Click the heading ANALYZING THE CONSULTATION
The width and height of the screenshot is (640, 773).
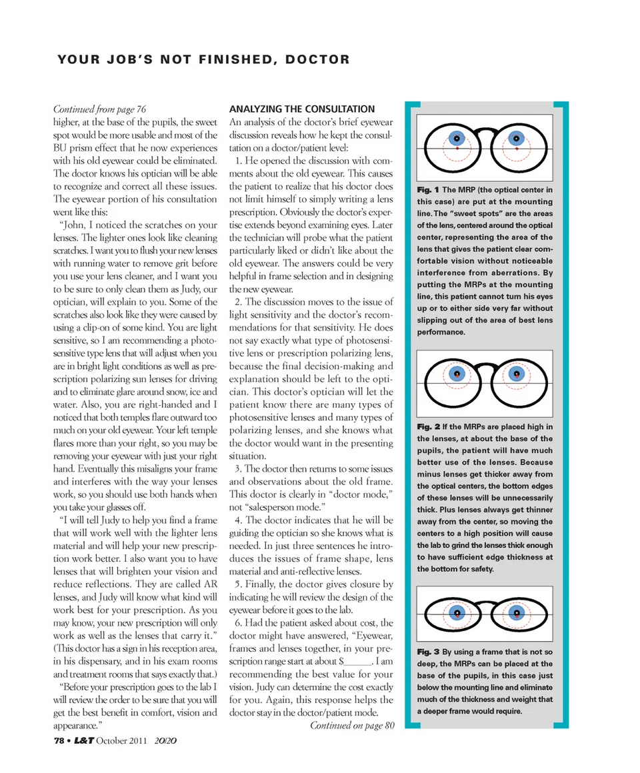click(302, 109)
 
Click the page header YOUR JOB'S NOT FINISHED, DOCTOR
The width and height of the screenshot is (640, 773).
click(204, 60)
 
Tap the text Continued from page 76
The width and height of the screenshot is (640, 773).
click(99, 109)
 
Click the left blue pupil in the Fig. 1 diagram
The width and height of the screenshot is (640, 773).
click(457, 139)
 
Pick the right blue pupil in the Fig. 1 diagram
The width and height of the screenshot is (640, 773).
click(516, 139)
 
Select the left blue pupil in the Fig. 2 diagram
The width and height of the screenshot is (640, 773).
click(457, 374)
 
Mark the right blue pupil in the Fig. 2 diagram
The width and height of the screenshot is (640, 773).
click(516, 374)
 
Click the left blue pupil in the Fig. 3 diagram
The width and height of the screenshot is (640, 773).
click(457, 612)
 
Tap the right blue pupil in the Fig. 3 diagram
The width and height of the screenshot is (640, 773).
click(516, 612)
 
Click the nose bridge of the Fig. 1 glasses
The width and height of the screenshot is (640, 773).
click(487, 131)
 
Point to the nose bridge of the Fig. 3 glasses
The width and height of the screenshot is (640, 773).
click(487, 604)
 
